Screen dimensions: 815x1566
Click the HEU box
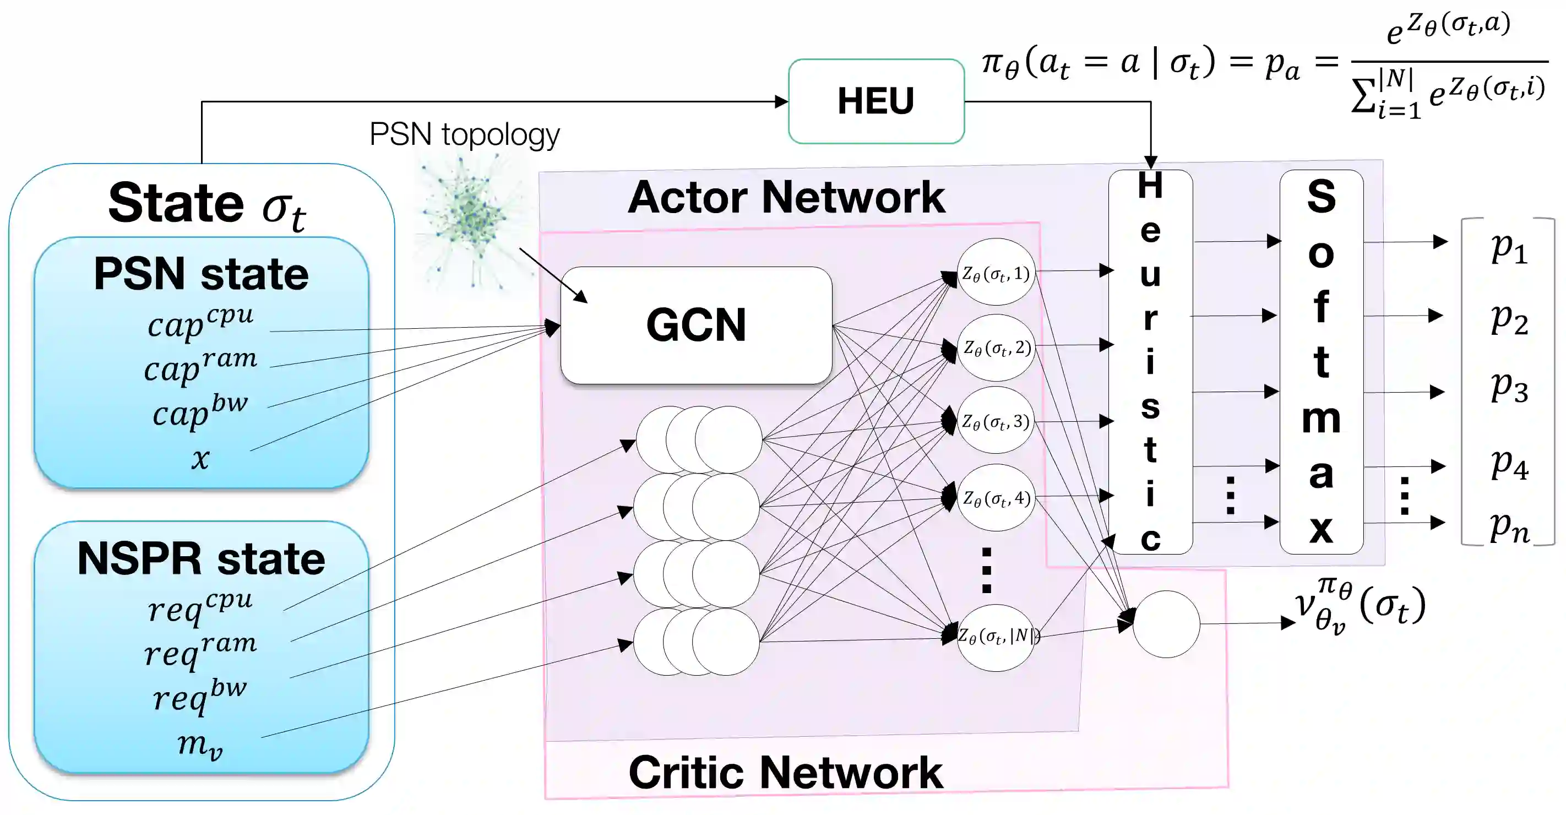pyautogui.click(x=876, y=101)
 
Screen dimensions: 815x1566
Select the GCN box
pyautogui.click(x=696, y=325)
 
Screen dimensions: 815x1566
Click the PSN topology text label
pyautogui.click(x=464, y=134)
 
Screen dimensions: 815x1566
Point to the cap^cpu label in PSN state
pyautogui.click(x=200, y=322)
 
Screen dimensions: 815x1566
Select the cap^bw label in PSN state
pyautogui.click(x=200, y=411)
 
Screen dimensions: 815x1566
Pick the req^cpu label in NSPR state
pyautogui.click(x=200, y=606)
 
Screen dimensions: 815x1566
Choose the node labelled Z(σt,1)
pyautogui.click(x=996, y=273)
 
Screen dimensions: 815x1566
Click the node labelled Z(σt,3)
pyautogui.click(x=996, y=421)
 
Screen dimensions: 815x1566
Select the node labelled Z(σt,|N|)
pyautogui.click(x=996, y=637)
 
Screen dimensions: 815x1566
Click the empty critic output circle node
pyautogui.click(x=1166, y=624)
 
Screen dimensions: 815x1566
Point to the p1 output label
pyautogui.click(x=1509, y=248)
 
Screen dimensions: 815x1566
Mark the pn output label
pyautogui.click(x=1509, y=526)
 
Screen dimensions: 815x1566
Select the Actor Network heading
pyautogui.click(x=786, y=198)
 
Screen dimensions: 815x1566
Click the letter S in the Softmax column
pyautogui.click(x=1321, y=196)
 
